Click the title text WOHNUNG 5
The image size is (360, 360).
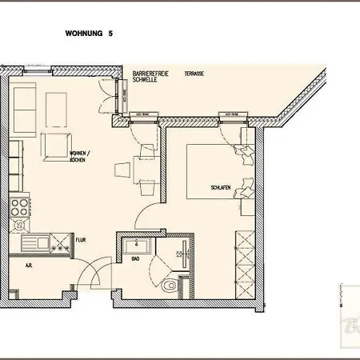(x=88, y=34)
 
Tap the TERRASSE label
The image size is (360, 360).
(x=194, y=73)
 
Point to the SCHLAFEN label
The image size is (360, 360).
(x=221, y=186)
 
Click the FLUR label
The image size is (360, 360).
(x=80, y=238)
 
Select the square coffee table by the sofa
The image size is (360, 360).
(x=56, y=146)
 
